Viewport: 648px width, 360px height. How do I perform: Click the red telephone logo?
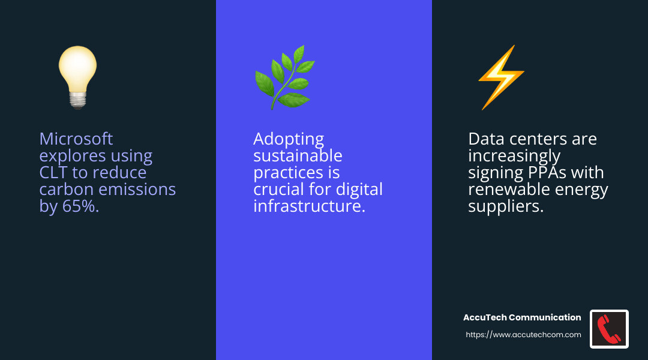pyautogui.click(x=609, y=329)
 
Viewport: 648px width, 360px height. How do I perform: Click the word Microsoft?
pyautogui.click(x=76, y=139)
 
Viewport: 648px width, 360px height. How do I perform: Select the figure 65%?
pyautogui.click(x=78, y=206)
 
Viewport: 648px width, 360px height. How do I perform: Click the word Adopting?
pyautogui.click(x=289, y=139)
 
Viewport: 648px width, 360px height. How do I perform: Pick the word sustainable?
pyautogui.click(x=298, y=156)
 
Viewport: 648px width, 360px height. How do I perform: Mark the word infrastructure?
pyautogui.click(x=309, y=206)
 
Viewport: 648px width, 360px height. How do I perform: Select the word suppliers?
pyautogui.click(x=505, y=206)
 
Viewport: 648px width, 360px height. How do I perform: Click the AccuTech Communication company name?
pyautogui.click(x=522, y=317)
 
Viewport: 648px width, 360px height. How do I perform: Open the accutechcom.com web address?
pyautogui.click(x=523, y=335)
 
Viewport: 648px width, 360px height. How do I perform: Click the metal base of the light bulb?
pyautogui.click(x=77, y=101)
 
